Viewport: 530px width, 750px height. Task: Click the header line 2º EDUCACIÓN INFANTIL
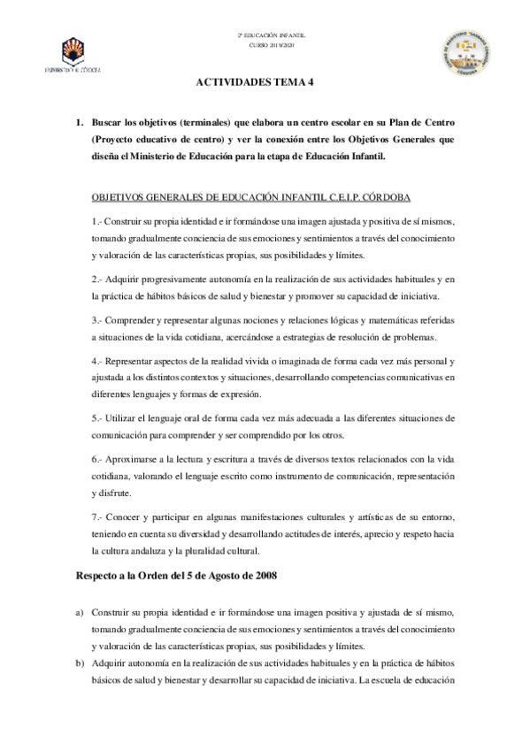point(265,34)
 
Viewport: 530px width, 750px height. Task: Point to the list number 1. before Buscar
point(79,119)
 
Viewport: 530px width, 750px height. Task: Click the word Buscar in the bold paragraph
point(108,119)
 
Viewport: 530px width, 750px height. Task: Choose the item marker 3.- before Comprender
point(97,318)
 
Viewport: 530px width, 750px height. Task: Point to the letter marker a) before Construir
point(80,612)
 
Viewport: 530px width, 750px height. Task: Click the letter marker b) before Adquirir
point(80,664)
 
